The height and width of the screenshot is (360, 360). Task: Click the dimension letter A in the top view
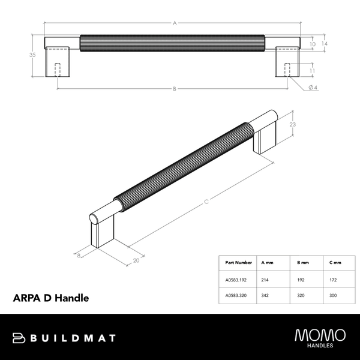(174, 23)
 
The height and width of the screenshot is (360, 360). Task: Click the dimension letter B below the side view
(174, 89)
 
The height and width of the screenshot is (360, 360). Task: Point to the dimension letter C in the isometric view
(206, 202)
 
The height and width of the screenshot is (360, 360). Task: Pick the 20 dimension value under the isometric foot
(136, 261)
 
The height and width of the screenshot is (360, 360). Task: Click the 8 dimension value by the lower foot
(79, 255)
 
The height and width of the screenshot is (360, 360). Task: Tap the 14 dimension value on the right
(323, 44)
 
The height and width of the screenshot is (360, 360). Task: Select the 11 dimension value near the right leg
(312, 71)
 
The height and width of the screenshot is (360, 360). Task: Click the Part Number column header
(238, 263)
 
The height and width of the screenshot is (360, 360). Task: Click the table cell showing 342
(266, 296)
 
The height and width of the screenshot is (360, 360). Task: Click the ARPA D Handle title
(51, 298)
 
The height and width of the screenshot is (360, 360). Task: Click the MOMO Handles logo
(319, 337)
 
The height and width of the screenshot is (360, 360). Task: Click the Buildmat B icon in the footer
(19, 338)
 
